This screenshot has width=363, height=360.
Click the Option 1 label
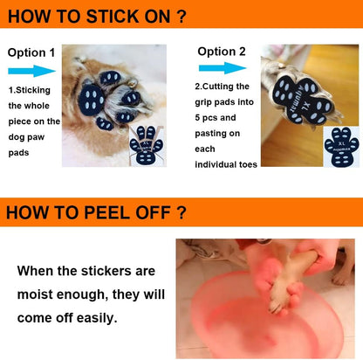pos(31,52)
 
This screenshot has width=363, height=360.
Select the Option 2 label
pos(222,52)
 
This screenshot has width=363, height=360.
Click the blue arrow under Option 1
pos(31,71)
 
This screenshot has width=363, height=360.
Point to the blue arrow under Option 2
pos(223,68)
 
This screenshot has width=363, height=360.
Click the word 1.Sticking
pos(30,90)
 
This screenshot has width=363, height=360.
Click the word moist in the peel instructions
pos(35,294)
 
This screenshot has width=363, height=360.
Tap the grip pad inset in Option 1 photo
pos(147,145)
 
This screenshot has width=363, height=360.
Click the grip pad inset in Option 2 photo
pos(341,147)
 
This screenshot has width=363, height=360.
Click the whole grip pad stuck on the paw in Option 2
pos(304,99)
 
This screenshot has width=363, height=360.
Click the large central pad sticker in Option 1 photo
pos(92,99)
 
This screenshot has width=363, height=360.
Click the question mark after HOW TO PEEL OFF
pos(181,213)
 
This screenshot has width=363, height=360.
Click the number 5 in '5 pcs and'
pos(197,118)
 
